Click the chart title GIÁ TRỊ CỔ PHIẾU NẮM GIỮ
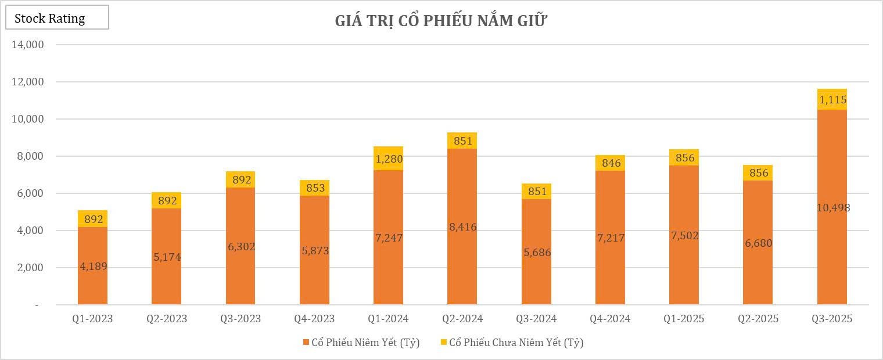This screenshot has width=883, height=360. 441,21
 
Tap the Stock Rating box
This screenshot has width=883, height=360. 57,18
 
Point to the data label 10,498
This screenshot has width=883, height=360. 832,207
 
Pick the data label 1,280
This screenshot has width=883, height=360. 389,159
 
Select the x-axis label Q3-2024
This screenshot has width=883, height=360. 536,319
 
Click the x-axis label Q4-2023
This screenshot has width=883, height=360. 314,319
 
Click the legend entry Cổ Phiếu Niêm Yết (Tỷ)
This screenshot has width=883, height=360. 360,343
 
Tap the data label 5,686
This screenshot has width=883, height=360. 536,253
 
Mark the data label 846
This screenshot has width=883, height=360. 610,163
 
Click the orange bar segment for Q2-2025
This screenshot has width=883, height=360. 758,273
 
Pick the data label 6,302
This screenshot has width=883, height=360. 241,247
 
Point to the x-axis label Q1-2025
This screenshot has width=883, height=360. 684,319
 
